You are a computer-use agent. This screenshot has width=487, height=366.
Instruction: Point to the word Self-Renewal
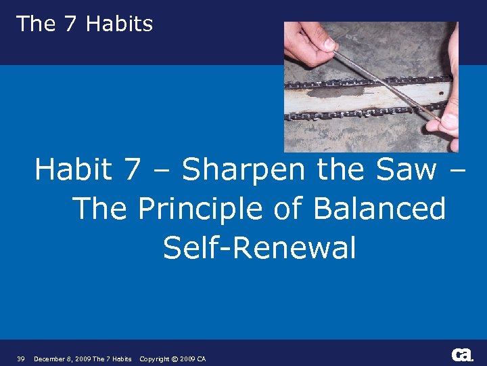coord(259,248)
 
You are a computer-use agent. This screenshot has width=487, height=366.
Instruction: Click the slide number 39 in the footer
coord(21,359)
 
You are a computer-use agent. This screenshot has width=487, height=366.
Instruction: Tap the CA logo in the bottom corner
coord(462,354)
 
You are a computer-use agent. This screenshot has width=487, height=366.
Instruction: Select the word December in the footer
coord(49,359)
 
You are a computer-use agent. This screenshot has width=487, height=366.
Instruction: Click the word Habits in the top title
coord(120,24)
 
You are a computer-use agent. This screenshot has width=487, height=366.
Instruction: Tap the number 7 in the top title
coord(70,24)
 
